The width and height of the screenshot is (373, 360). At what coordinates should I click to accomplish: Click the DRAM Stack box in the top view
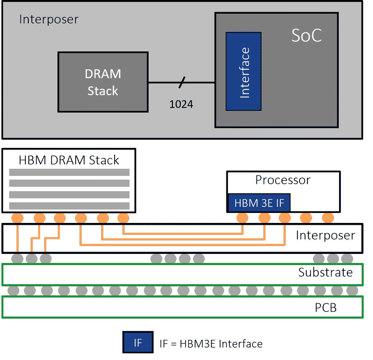click(x=103, y=82)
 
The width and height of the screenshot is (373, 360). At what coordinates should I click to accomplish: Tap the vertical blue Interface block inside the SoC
click(x=243, y=71)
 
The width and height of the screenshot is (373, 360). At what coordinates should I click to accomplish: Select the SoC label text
click(x=306, y=36)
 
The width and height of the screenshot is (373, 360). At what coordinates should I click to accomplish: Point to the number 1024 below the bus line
click(x=181, y=104)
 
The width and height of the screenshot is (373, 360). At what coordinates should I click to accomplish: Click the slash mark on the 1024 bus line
click(x=181, y=83)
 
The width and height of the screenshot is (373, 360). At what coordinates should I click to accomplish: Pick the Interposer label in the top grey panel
click(x=49, y=19)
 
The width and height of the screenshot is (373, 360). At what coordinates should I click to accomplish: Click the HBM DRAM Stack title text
click(x=69, y=160)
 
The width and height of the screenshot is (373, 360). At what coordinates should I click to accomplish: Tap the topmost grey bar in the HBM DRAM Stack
click(x=69, y=172)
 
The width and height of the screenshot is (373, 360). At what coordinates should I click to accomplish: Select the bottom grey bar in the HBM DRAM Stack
click(x=69, y=206)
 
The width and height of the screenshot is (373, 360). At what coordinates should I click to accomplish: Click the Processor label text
click(x=283, y=180)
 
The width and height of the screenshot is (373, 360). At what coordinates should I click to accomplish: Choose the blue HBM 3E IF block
click(x=259, y=203)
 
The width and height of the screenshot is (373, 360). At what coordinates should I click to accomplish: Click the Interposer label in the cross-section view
click(x=325, y=236)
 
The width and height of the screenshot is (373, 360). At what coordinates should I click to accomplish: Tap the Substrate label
click(x=325, y=272)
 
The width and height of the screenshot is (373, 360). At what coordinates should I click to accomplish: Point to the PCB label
click(x=326, y=308)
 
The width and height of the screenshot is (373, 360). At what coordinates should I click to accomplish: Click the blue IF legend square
click(x=138, y=342)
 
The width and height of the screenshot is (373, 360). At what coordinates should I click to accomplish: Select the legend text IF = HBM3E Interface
click(x=211, y=344)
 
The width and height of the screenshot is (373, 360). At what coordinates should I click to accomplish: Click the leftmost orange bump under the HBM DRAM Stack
click(x=17, y=218)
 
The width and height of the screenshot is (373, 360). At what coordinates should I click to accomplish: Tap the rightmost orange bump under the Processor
click(x=328, y=218)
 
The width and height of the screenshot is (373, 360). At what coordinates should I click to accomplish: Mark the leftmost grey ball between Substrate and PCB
click(x=13, y=290)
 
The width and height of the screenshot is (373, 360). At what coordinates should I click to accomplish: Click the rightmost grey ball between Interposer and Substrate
click(x=347, y=258)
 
